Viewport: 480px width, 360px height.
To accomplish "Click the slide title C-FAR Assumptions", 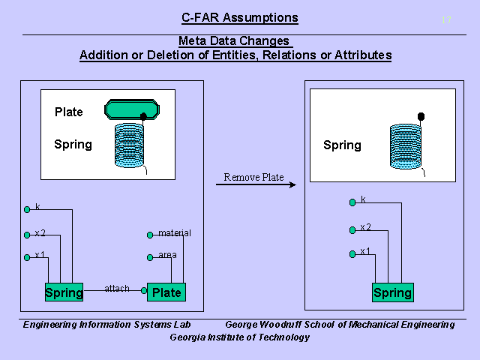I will tap(240, 18).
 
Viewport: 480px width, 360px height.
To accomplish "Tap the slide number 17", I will tap(446, 20).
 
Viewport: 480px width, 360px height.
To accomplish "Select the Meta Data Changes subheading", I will tap(235, 41).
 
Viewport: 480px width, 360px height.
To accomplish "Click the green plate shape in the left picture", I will tap(132, 110).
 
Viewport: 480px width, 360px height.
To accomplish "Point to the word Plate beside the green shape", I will tap(69, 112).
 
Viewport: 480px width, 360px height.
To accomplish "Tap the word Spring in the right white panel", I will tap(342, 145).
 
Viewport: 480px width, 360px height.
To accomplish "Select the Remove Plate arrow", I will tap(255, 184).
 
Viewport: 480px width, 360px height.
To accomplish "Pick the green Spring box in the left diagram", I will tap(64, 292).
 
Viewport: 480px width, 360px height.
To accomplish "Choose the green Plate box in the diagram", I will tap(166, 292).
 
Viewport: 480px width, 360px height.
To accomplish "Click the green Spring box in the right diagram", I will tap(392, 292).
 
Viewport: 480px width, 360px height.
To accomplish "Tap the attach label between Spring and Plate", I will tap(117, 288).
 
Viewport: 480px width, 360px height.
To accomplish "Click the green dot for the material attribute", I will tap(151, 234).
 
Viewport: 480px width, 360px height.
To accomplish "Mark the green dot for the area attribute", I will tap(151, 256).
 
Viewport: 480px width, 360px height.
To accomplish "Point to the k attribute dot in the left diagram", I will tap(27, 208).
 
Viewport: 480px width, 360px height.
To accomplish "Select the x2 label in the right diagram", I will tap(365, 227).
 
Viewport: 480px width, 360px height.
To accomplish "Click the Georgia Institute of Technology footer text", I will tap(240, 337).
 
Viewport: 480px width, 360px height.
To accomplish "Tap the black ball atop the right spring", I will tap(421, 116).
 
